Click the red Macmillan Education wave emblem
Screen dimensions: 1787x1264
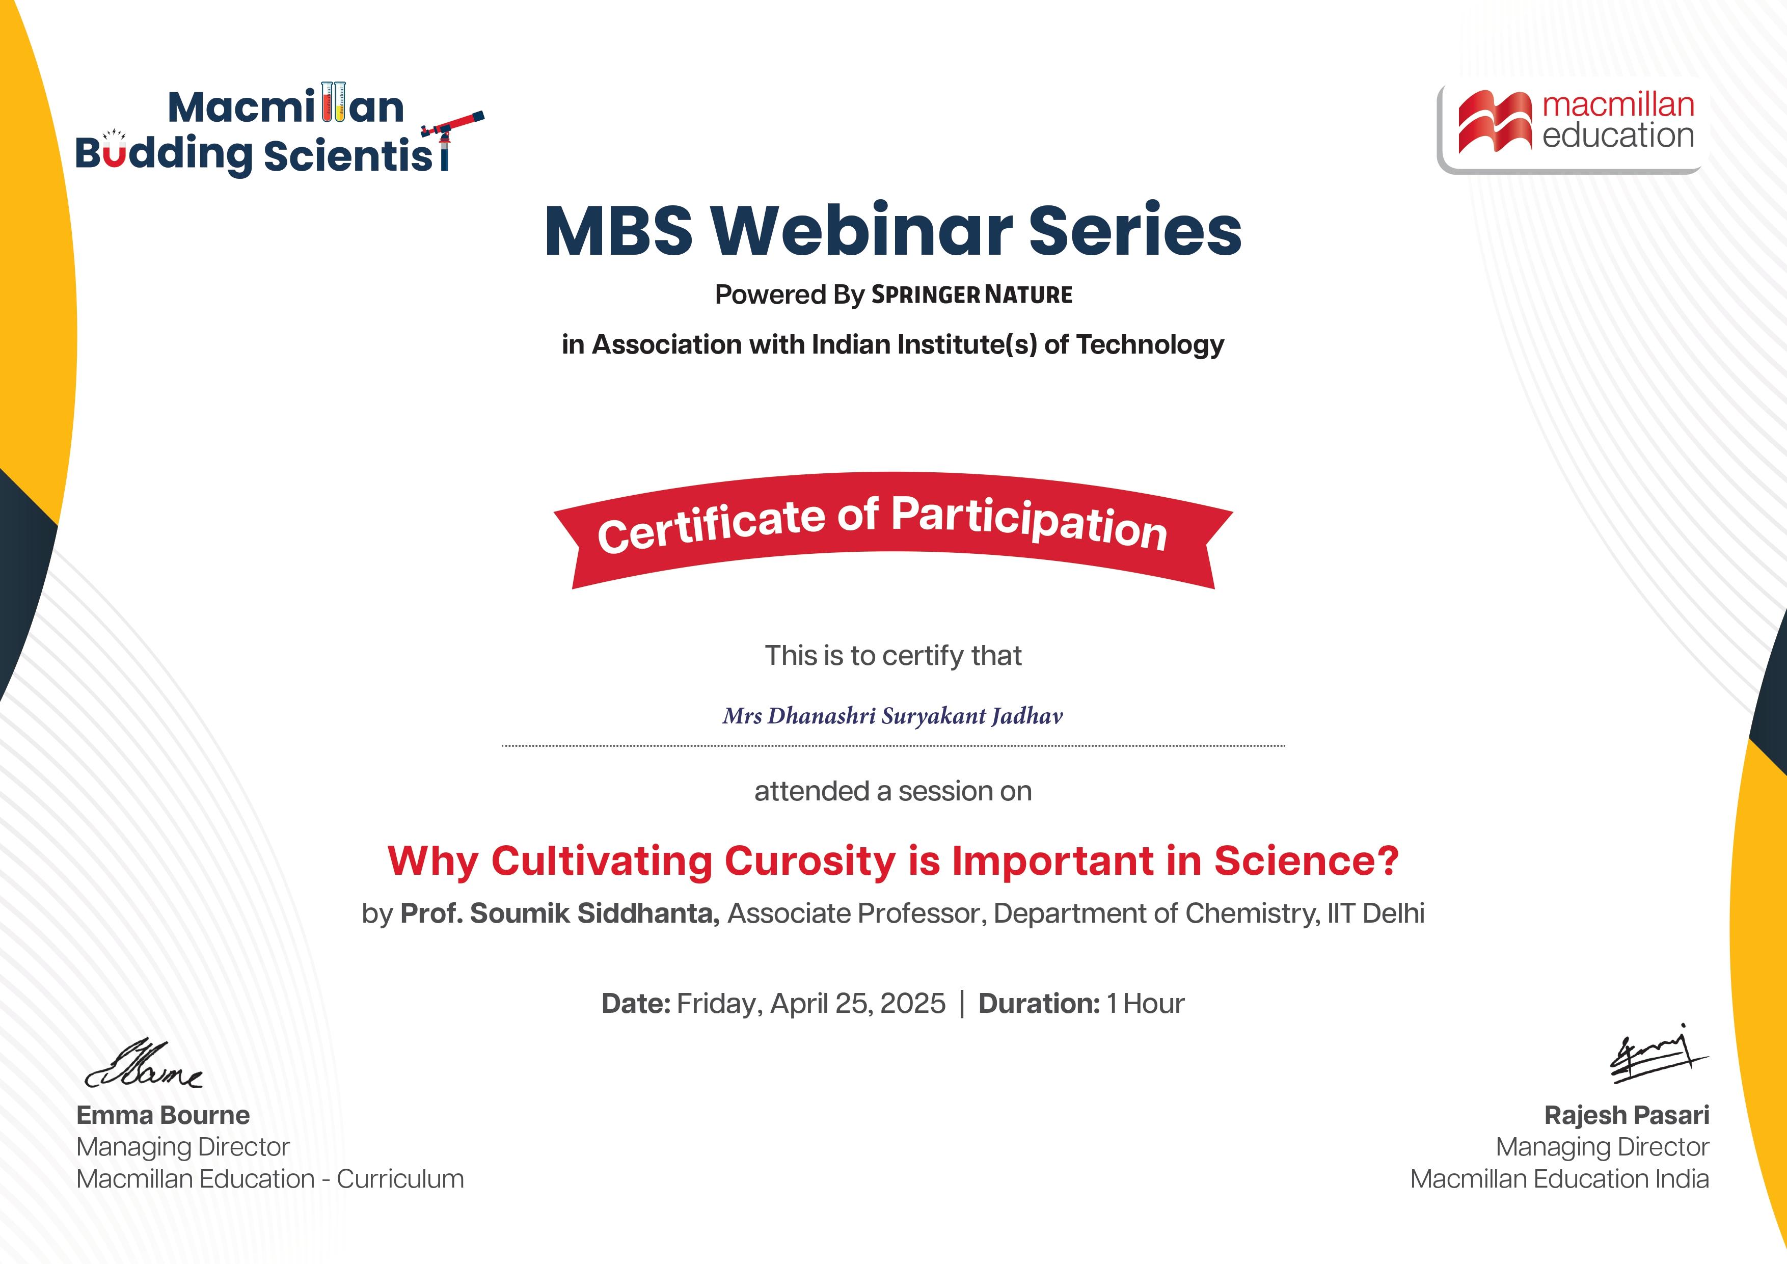coord(1495,121)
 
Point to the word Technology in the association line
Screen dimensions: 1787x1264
coord(1150,345)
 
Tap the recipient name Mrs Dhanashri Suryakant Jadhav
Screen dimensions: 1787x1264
coord(892,716)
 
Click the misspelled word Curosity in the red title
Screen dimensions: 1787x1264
coord(810,862)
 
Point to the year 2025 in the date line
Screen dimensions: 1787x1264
coord(912,1004)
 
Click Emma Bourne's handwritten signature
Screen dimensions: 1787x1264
coord(144,1063)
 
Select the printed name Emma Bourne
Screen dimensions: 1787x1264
coord(164,1115)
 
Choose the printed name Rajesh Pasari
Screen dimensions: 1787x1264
coord(1627,1115)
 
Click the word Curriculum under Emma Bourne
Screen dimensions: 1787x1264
coord(400,1179)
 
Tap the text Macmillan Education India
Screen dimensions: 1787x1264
coord(1560,1179)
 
